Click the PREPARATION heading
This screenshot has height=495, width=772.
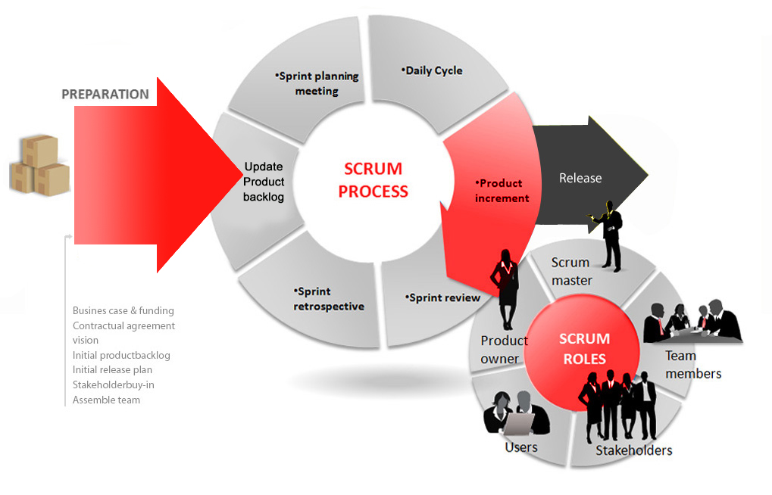point(105,95)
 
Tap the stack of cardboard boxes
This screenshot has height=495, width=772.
point(39,164)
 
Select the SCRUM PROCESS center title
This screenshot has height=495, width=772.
point(373,180)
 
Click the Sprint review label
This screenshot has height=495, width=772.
point(443,297)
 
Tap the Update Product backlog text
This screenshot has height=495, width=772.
point(264,182)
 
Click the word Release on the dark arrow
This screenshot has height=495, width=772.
point(580,179)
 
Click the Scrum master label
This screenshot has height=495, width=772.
point(571,271)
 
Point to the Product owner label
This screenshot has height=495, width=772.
point(504,350)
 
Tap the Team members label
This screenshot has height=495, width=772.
point(692,364)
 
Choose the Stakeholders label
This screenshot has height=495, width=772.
point(633,451)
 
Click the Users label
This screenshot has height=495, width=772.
point(521,447)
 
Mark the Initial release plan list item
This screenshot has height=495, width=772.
point(112,370)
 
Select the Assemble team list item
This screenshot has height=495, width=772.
point(106,400)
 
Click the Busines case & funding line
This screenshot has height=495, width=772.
point(123,310)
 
